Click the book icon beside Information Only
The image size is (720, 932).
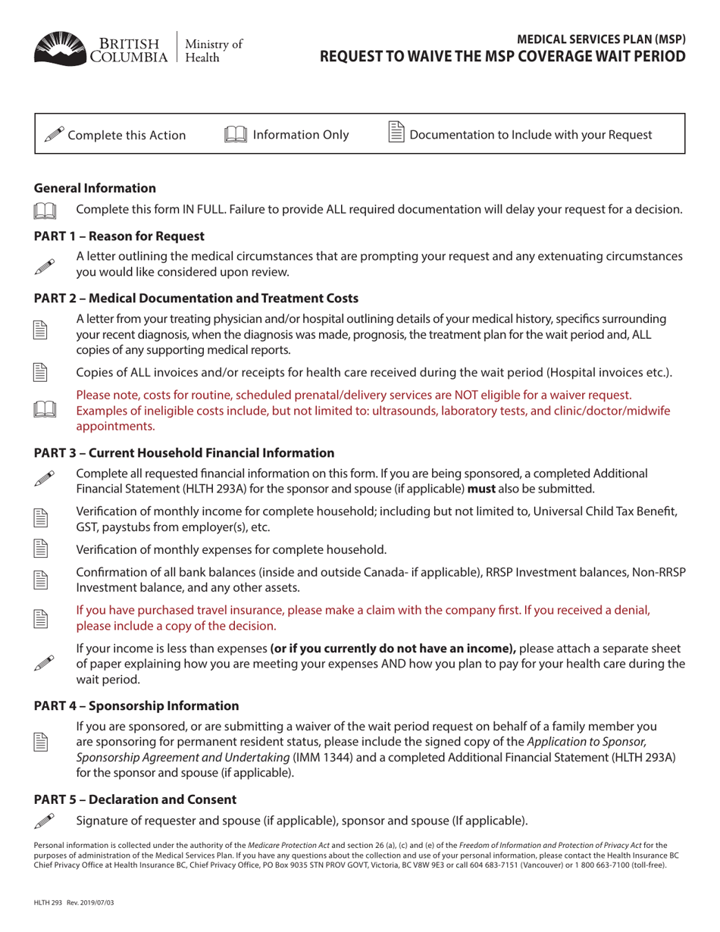pos(236,135)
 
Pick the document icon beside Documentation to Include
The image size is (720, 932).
pos(396,133)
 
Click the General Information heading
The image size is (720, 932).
pos(95,188)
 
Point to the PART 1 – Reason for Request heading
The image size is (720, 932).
pos(119,236)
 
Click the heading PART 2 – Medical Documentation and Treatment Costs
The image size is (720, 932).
pos(196,299)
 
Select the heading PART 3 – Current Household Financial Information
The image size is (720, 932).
pos(184,453)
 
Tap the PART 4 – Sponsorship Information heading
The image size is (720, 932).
pos(136,705)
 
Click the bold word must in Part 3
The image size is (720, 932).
pos(481,488)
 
